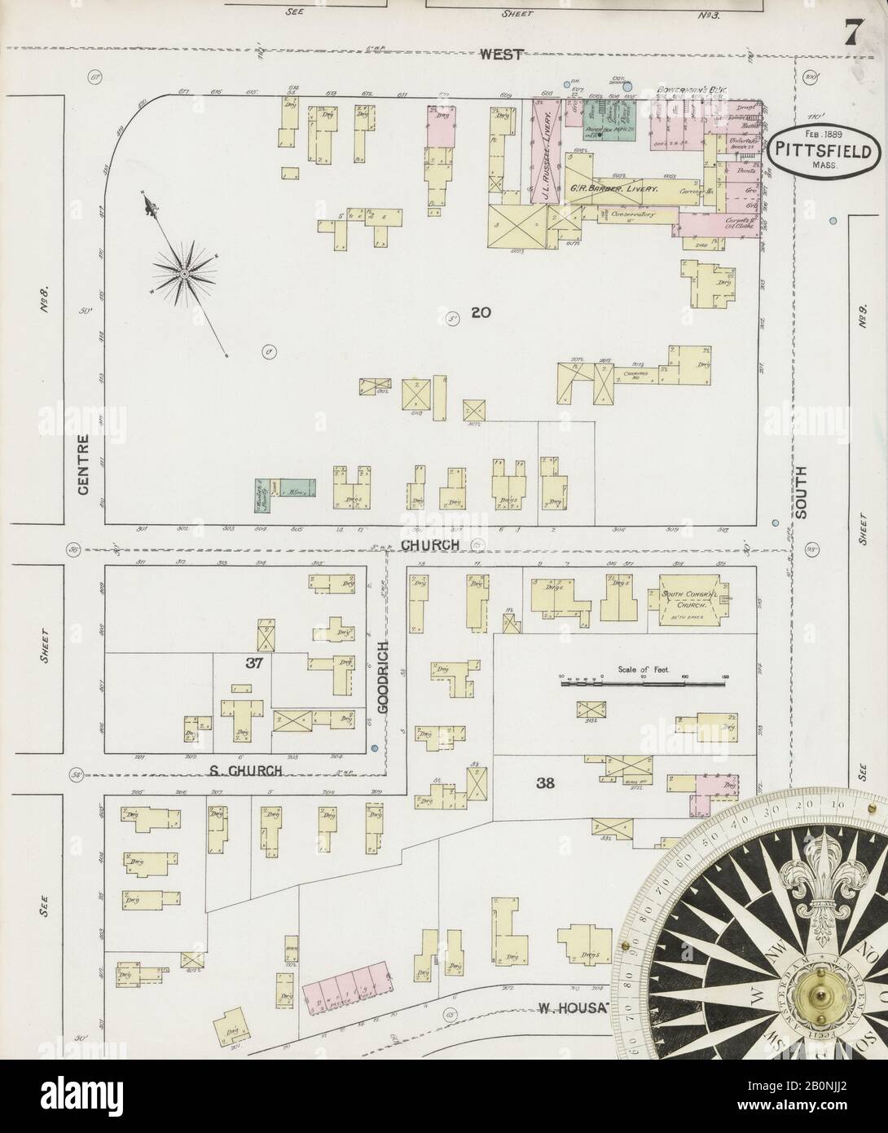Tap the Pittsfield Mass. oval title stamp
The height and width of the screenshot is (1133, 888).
pyautogui.click(x=824, y=150)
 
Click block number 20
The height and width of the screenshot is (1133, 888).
pyautogui.click(x=480, y=311)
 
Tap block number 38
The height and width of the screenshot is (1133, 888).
pyautogui.click(x=546, y=783)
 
